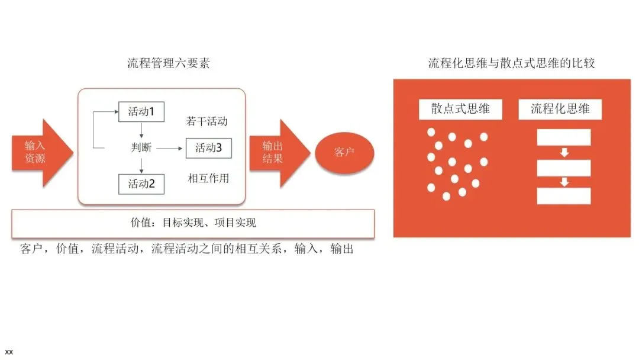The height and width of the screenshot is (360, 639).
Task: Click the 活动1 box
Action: [x=141, y=111]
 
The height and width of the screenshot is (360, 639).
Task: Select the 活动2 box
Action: [x=141, y=184]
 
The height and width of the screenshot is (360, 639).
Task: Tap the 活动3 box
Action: [x=208, y=148]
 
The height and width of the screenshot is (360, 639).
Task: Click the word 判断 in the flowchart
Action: [x=141, y=148]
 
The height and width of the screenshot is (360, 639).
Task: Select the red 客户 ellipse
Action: [x=344, y=153]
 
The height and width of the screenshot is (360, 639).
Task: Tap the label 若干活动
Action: [x=207, y=121]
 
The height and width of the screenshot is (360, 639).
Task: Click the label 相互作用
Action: [x=208, y=178]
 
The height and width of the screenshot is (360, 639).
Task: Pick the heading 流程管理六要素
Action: [x=168, y=63]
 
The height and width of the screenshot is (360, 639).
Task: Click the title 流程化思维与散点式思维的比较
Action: [x=511, y=63]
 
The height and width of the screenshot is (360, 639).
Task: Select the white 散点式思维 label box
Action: [x=460, y=109]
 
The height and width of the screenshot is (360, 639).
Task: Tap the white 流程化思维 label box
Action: [x=560, y=109]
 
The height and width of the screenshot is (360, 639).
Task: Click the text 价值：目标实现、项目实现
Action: [x=193, y=223]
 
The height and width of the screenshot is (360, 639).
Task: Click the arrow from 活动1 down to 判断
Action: [x=141, y=130]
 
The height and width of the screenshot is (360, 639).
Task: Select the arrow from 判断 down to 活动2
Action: [x=141, y=166]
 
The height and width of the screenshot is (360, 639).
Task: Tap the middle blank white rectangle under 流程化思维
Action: [x=563, y=168]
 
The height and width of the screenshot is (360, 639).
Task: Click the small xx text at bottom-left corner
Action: [x=9, y=352]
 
